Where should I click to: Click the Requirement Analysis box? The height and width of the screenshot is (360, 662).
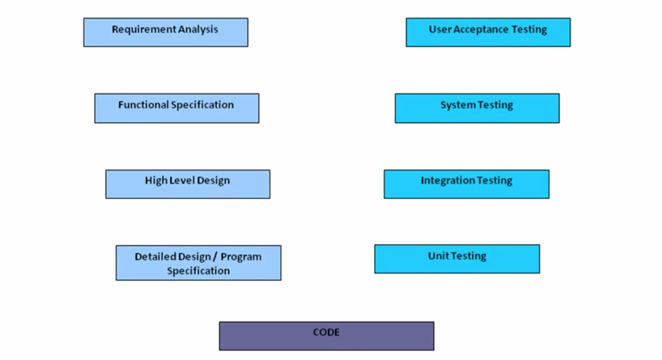point(165,32)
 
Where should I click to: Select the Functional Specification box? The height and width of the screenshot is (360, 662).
point(176,108)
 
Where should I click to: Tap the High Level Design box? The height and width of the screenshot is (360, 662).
point(187,184)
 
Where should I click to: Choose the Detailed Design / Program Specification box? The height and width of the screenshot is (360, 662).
point(198,264)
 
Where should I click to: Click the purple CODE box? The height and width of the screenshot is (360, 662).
point(326,337)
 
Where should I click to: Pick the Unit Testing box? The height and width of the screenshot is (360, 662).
point(456,260)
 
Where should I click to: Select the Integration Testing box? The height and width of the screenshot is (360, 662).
point(466,184)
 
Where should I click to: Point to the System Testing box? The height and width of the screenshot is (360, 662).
point(477,108)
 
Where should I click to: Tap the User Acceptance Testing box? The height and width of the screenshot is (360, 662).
point(488,32)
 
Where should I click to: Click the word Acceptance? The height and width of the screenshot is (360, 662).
point(481,30)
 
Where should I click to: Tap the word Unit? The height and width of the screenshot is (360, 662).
point(438,256)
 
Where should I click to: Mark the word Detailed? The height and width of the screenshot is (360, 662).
point(156,256)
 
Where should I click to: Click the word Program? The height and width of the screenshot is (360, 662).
point(240,256)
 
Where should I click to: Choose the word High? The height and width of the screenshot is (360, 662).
point(155,181)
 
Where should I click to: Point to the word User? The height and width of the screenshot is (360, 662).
point(440,30)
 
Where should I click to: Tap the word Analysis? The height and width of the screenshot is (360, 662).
point(198,30)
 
